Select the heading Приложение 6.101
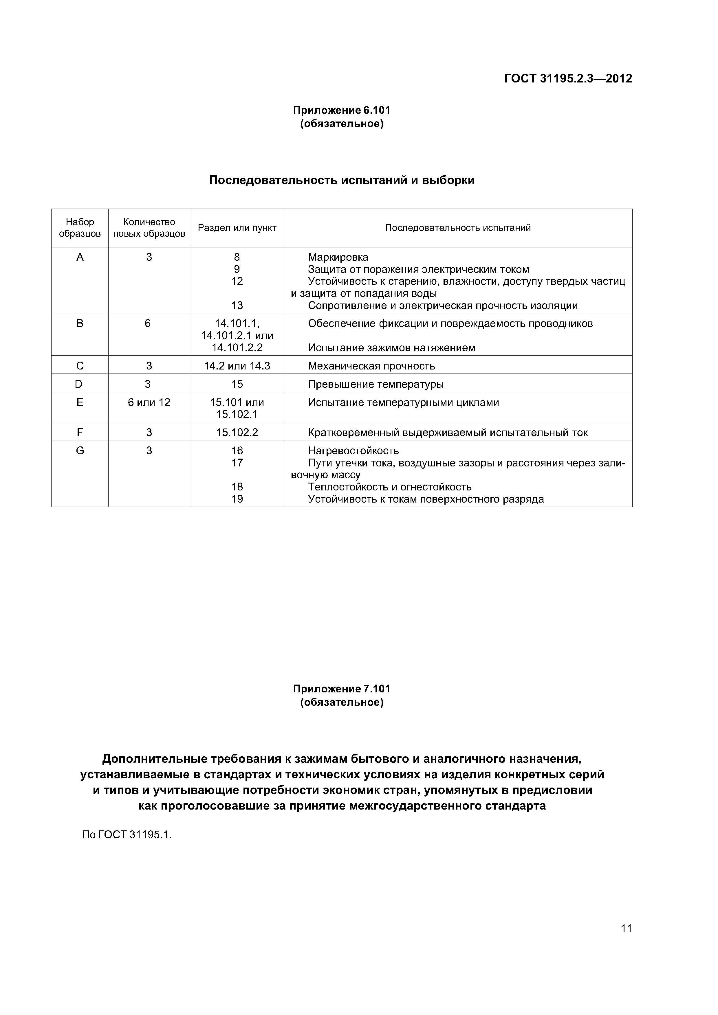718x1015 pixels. point(342,110)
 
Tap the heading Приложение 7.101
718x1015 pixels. point(342,689)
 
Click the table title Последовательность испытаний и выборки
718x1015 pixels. point(342,180)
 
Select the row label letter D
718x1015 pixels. point(79,384)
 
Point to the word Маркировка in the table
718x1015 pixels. point(338,257)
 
